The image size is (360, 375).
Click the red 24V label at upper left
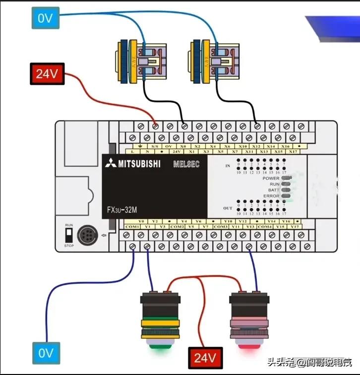[47, 75]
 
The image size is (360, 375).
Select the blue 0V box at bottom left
[46, 354]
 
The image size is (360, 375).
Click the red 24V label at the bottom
[205, 357]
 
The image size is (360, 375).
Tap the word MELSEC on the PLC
[186, 164]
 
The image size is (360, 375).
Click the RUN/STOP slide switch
[69, 235]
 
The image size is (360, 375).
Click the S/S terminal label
[154, 146]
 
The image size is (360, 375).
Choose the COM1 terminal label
[132, 227]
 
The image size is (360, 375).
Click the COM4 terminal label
[265, 227]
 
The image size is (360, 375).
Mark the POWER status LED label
[271, 178]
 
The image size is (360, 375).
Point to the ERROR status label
[271, 196]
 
